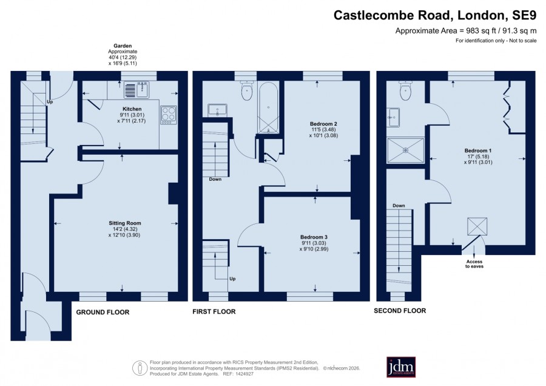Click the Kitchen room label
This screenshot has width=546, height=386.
(x=132, y=109)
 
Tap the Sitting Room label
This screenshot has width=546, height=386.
(x=124, y=223)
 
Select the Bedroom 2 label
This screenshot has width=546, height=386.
(x=323, y=124)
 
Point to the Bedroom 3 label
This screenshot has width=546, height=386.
(x=314, y=237)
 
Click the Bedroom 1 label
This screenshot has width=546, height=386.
(x=478, y=151)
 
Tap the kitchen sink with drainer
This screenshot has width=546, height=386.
(x=136, y=90)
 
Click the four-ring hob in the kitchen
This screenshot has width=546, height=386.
(x=169, y=115)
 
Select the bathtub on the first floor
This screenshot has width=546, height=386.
(x=268, y=107)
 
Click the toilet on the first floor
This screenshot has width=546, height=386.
(x=246, y=90)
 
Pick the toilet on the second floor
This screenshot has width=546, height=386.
(x=406, y=90)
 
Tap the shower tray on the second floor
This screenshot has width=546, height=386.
(x=406, y=150)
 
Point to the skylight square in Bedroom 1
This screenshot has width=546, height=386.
(x=477, y=226)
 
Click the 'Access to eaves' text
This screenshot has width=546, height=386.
(x=474, y=264)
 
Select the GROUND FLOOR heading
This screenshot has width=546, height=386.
(x=103, y=312)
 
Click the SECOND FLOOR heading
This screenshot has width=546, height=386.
(x=400, y=311)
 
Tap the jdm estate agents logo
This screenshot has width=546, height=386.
(x=401, y=367)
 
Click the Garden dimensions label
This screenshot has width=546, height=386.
(x=123, y=55)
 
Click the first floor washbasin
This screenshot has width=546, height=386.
(x=217, y=110)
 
